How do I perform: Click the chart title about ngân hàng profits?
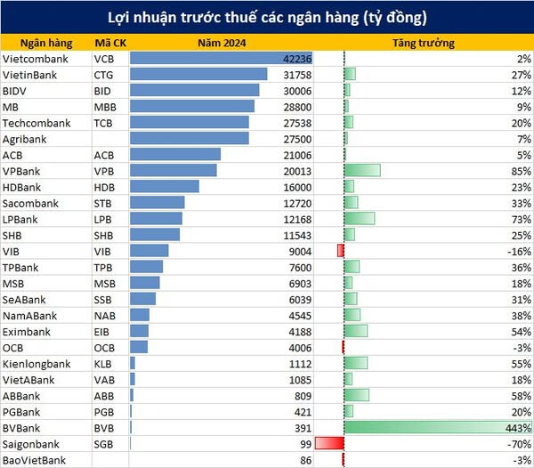click(x=267, y=18)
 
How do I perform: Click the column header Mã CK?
click(x=109, y=43)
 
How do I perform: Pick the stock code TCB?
click(x=104, y=123)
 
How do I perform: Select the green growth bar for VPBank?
click(x=362, y=171)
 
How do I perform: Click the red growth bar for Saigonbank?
click(x=328, y=443)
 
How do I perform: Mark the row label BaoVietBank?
click(x=35, y=460)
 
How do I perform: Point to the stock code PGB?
click(x=104, y=412)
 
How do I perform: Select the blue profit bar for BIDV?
click(x=195, y=91)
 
